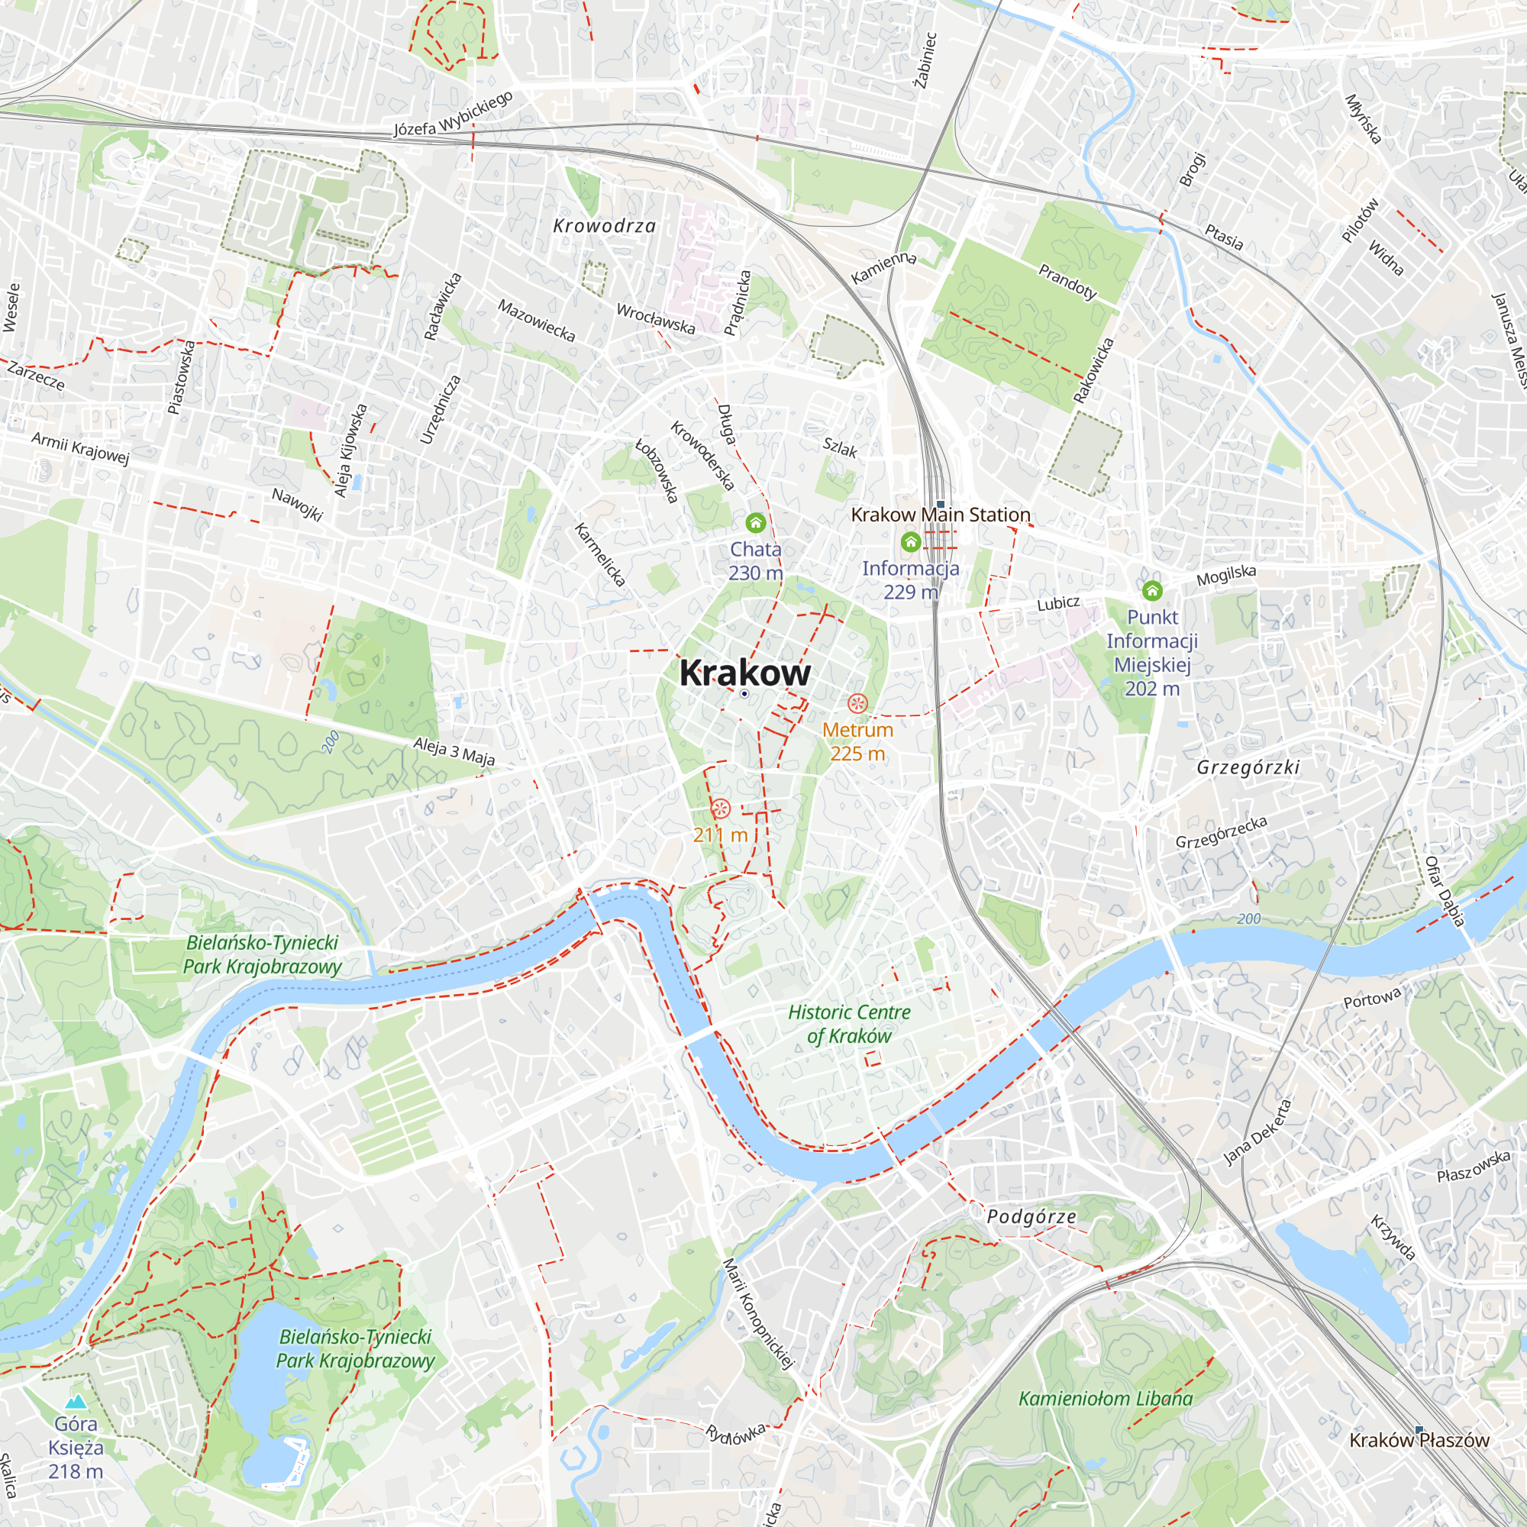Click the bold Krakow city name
(744, 673)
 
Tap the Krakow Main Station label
(940, 515)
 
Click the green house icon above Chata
(756, 522)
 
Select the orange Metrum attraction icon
(857, 703)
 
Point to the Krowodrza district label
(605, 226)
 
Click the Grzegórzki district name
(1248, 767)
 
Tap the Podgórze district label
(1031, 1216)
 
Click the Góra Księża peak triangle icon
(76, 1401)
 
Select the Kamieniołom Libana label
(1105, 1398)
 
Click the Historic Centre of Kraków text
(849, 1024)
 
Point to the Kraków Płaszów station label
(1419, 1440)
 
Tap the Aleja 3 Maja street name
(454, 751)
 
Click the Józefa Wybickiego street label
(454, 114)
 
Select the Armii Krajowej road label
(80, 448)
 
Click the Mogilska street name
(1226, 576)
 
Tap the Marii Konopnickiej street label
(758, 1312)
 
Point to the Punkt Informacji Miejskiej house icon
(1152, 590)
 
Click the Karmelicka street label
(600, 554)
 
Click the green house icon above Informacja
(911, 541)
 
